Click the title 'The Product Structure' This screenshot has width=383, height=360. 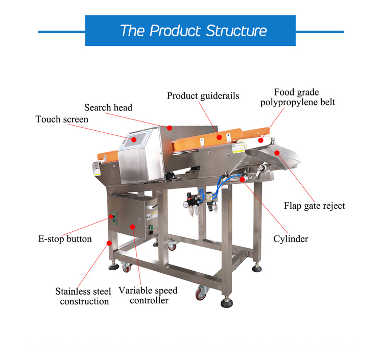[193, 31]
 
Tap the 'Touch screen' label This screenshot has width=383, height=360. [62, 119]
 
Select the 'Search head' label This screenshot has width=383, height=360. [108, 107]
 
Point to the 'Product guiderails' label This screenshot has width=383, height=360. [203, 95]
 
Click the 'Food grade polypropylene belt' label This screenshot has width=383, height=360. [297, 97]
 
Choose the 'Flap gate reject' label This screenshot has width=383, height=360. [314, 206]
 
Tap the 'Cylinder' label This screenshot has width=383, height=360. [291, 238]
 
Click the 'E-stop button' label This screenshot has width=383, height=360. [65, 238]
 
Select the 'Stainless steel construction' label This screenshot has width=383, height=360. [83, 296]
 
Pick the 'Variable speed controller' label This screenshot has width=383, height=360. [148, 295]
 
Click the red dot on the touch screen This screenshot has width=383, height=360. [134, 138]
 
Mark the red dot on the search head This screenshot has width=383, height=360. [170, 127]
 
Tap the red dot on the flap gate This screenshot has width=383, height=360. [277, 152]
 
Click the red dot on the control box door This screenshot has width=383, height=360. [132, 226]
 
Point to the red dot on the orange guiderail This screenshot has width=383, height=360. [219, 136]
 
